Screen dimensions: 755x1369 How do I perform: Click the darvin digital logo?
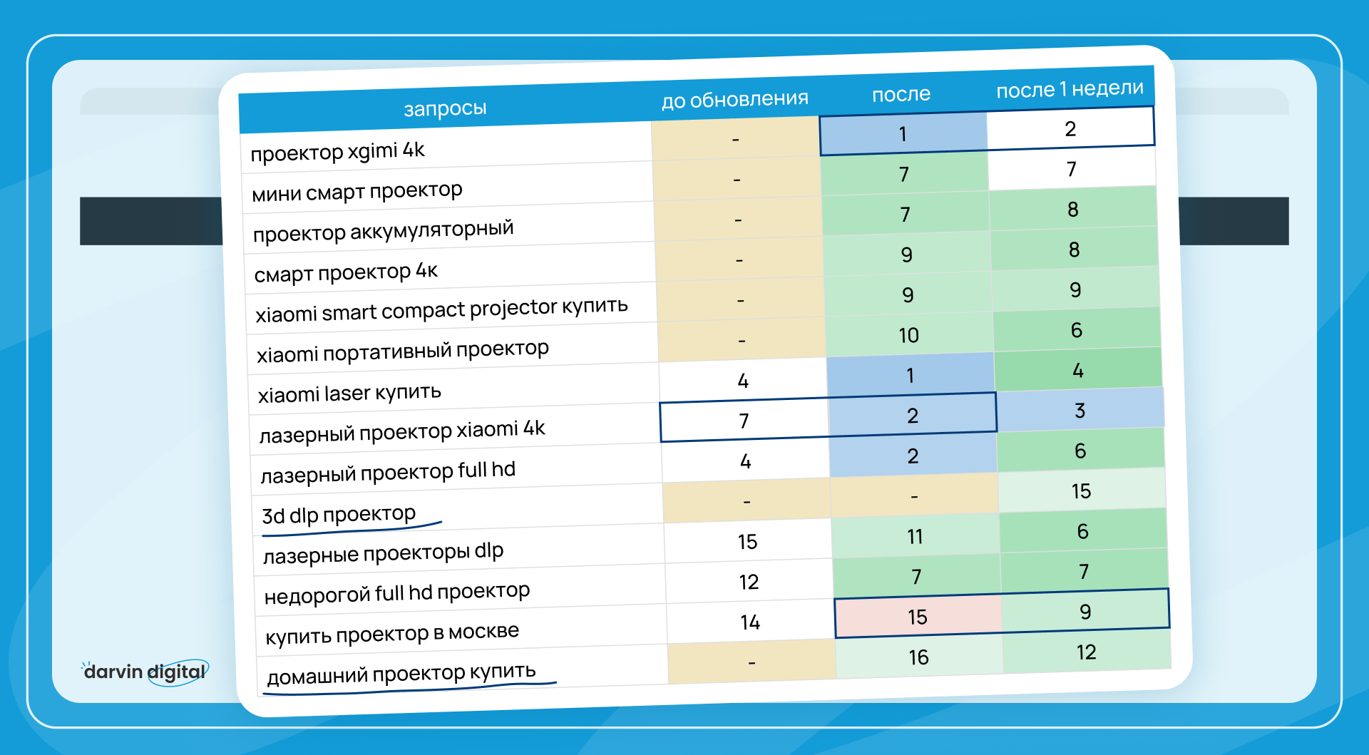(x=145, y=672)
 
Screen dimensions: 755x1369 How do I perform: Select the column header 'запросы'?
(x=445, y=108)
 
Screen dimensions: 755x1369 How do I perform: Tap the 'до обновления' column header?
(x=734, y=99)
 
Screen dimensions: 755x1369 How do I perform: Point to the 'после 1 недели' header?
(x=1070, y=89)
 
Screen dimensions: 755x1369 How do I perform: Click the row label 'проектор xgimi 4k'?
(x=337, y=151)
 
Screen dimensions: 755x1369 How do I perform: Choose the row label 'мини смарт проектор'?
(x=357, y=191)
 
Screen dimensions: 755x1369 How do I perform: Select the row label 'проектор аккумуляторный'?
(x=383, y=231)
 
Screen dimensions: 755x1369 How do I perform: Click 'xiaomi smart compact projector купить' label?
(x=441, y=309)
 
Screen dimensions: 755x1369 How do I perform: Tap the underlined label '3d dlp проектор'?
(x=339, y=514)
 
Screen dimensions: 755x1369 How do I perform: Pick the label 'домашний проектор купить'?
(x=401, y=673)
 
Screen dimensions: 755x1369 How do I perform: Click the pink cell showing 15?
(x=918, y=617)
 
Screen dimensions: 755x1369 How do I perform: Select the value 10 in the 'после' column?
(x=908, y=335)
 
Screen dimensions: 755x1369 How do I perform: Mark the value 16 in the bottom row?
(x=918, y=657)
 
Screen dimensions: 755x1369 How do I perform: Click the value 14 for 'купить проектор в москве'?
(x=750, y=622)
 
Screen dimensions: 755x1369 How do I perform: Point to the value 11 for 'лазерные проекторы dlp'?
(x=915, y=536)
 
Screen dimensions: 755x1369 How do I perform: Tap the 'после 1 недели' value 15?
(x=1081, y=491)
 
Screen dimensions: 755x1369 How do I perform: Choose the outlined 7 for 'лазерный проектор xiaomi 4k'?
(x=744, y=421)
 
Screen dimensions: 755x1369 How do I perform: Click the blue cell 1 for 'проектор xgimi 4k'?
(x=903, y=133)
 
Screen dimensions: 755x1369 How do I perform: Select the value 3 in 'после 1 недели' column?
(x=1080, y=411)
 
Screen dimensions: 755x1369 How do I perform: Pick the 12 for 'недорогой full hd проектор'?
(x=749, y=582)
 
